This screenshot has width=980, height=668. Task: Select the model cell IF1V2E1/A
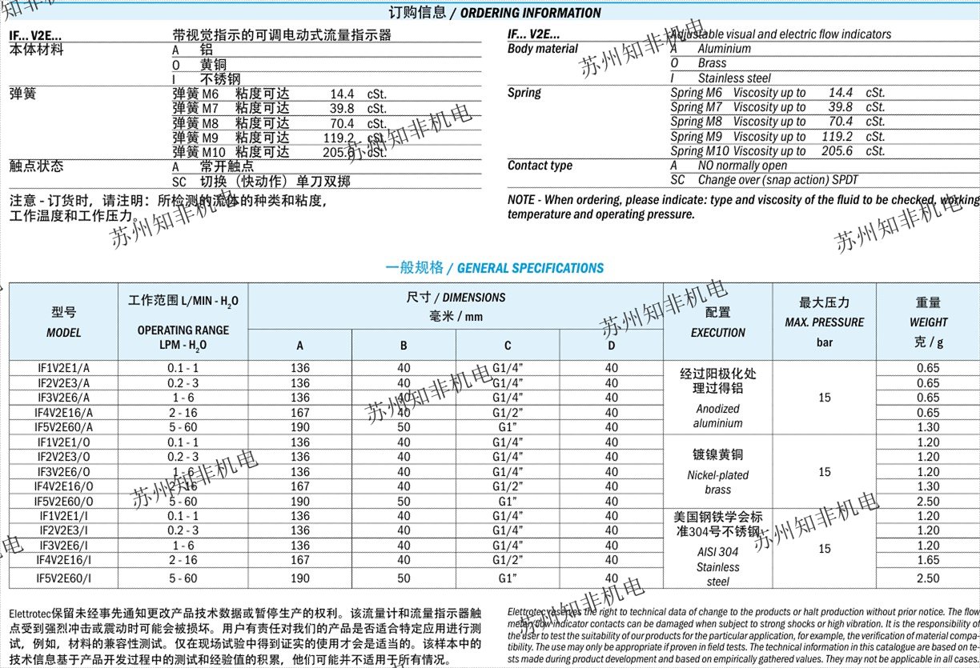pyautogui.click(x=64, y=368)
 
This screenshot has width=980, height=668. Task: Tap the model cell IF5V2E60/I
pyautogui.click(x=64, y=578)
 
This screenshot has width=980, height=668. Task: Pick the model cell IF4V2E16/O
pyautogui.click(x=64, y=486)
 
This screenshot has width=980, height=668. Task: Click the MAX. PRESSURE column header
pyautogui.click(x=824, y=322)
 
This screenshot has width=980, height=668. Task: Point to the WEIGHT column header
pyautogui.click(x=928, y=322)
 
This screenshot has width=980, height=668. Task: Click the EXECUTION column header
pyautogui.click(x=717, y=332)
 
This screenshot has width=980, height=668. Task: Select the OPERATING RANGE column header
pyautogui.click(x=183, y=337)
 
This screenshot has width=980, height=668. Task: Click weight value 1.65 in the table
pyautogui.click(x=928, y=561)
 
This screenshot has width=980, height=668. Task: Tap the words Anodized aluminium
pyautogui.click(x=717, y=416)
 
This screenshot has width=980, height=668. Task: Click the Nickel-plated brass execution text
pyautogui.click(x=717, y=482)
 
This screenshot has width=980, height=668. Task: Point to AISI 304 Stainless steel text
pyautogui.click(x=717, y=566)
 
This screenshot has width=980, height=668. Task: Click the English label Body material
pyautogui.click(x=543, y=49)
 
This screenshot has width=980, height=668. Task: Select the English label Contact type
pyautogui.click(x=540, y=166)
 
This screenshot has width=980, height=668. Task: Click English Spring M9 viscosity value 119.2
pyautogui.click(x=837, y=137)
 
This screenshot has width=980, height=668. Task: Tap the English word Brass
pyautogui.click(x=712, y=63)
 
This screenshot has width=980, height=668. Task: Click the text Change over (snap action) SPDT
pyautogui.click(x=777, y=180)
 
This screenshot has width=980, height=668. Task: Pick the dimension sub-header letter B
pyautogui.click(x=404, y=346)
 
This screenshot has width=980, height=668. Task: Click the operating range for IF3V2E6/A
pyautogui.click(x=183, y=398)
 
